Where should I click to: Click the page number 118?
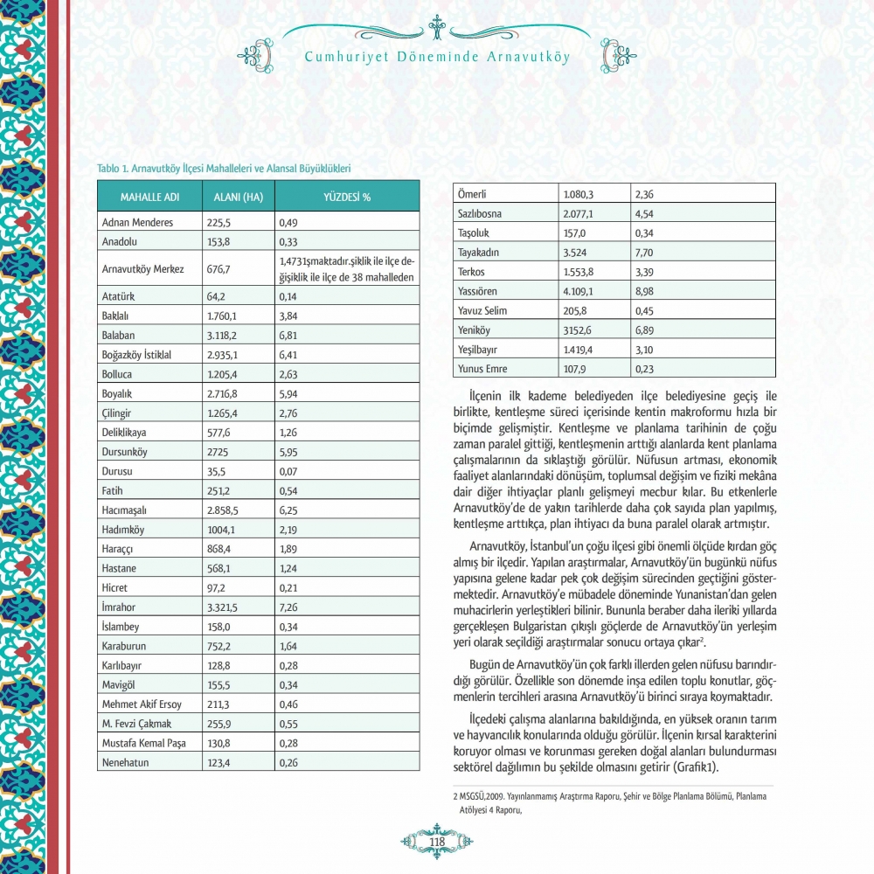(x=437, y=842)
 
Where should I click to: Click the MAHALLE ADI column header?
(x=149, y=197)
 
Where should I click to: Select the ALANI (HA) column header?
(x=239, y=197)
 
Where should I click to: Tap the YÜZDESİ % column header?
(x=347, y=197)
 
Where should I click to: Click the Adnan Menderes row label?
(x=137, y=222)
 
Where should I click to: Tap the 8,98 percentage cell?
(x=646, y=291)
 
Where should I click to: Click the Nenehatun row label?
(x=126, y=762)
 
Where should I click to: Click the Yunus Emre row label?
(x=482, y=368)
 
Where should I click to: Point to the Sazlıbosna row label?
(x=482, y=214)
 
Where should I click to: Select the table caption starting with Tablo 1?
(x=224, y=166)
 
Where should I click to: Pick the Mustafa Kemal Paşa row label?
(x=144, y=743)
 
